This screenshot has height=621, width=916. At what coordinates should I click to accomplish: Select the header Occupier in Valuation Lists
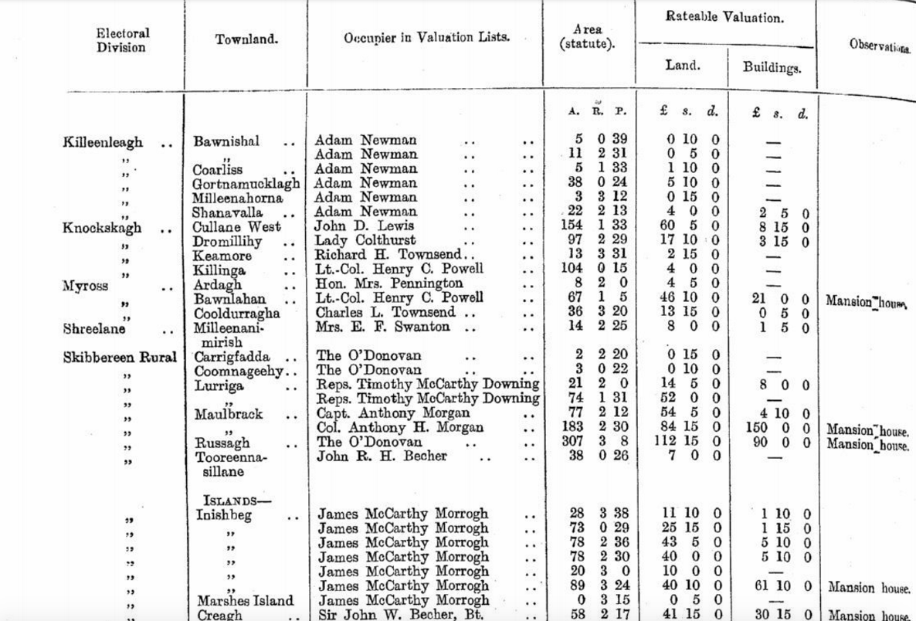[427, 37]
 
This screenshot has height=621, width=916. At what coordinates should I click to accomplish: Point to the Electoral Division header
[123, 40]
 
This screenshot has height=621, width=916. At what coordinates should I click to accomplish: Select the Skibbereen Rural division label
[120, 357]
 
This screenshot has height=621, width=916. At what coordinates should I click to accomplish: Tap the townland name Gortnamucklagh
[246, 183]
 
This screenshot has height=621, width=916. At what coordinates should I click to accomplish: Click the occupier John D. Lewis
[365, 226]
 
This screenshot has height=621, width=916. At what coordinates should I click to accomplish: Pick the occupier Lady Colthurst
[365, 241]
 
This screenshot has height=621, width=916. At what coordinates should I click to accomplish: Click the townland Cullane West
[236, 226]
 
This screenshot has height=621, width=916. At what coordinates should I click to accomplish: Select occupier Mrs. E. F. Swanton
[382, 327]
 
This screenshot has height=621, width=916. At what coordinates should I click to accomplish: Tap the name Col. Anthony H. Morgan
[400, 428]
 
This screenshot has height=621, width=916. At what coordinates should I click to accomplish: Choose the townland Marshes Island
[245, 601]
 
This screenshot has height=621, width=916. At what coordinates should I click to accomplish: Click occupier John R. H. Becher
[382, 456]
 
